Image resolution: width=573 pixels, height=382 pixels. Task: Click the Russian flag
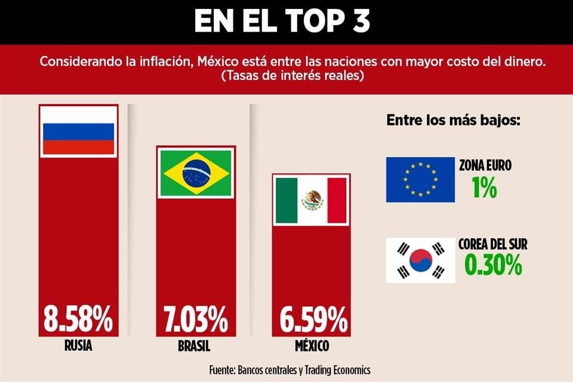(x=78, y=131)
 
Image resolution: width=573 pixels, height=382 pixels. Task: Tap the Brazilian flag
(x=196, y=172)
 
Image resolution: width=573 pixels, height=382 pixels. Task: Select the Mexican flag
(x=312, y=200)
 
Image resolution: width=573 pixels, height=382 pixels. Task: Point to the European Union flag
(x=420, y=180)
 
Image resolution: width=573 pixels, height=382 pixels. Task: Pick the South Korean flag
(x=420, y=260)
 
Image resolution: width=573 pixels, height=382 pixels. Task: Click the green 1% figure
(x=484, y=188)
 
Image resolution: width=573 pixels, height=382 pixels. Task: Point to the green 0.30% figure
(x=492, y=265)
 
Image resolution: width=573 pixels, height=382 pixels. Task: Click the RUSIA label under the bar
(x=78, y=346)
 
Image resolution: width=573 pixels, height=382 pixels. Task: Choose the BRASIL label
(x=194, y=346)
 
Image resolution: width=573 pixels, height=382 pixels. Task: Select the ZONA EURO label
(x=485, y=166)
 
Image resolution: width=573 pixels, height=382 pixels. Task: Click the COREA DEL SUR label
(x=492, y=244)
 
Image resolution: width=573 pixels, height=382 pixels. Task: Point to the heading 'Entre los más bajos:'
(x=454, y=120)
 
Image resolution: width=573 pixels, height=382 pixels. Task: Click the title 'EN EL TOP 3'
(x=282, y=21)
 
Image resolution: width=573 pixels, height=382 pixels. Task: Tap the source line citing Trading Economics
(x=289, y=369)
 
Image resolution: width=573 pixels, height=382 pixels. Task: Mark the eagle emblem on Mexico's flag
(x=312, y=200)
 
